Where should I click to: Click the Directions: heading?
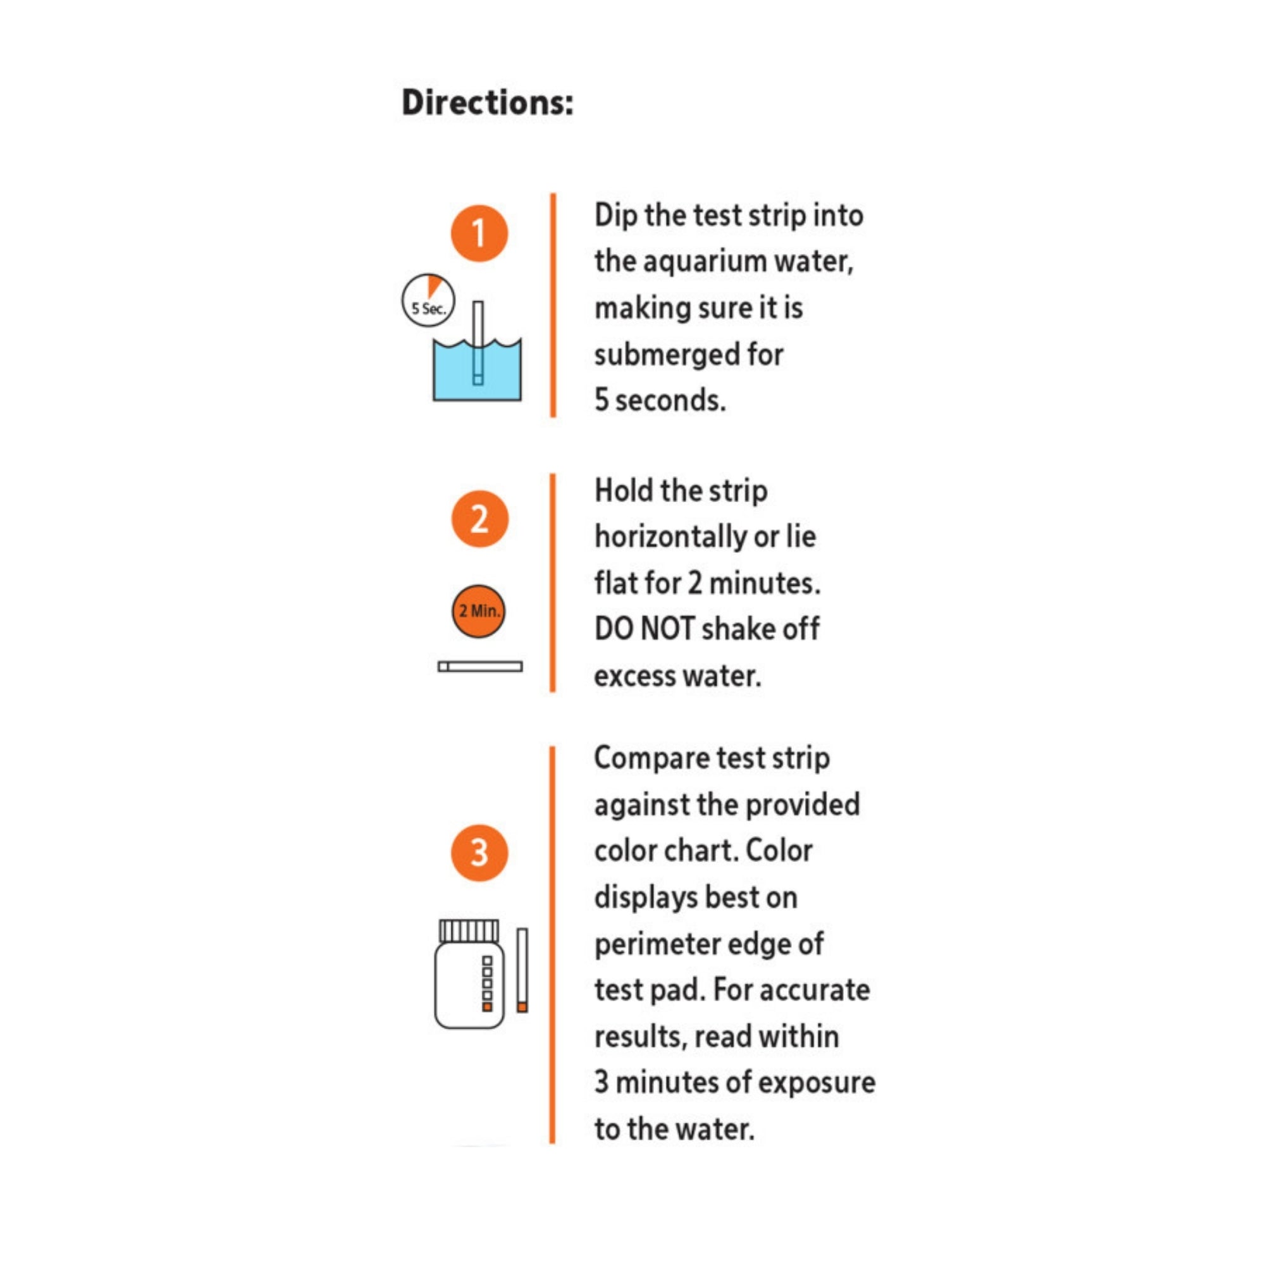(x=487, y=103)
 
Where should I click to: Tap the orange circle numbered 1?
(x=479, y=234)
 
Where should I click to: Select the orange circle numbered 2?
(x=479, y=519)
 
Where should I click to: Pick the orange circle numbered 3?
(x=479, y=853)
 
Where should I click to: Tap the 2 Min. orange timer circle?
(x=479, y=611)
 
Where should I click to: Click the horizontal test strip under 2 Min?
(x=480, y=667)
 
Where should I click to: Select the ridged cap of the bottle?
(x=468, y=930)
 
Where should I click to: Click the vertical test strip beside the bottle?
(x=522, y=969)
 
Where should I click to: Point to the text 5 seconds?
(x=660, y=400)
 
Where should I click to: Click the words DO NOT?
(x=645, y=629)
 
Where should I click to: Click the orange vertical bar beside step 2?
(x=553, y=582)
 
